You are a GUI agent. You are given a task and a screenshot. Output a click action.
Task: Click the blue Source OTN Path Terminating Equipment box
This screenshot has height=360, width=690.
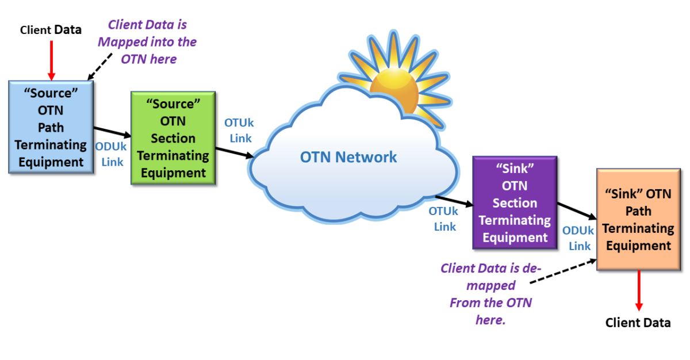point(51,127)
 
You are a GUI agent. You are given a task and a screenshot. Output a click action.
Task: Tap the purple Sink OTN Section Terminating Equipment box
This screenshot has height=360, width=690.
point(514,202)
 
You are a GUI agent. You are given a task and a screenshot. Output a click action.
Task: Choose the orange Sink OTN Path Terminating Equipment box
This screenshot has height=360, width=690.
point(638,220)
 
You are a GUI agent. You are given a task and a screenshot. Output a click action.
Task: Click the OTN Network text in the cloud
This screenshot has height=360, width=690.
point(348,156)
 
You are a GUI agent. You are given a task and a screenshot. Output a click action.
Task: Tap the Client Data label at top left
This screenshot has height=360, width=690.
point(51,29)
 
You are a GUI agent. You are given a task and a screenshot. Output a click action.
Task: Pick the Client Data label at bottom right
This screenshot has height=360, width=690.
point(638,323)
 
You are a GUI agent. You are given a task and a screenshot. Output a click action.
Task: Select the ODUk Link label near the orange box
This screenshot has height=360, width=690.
point(578,238)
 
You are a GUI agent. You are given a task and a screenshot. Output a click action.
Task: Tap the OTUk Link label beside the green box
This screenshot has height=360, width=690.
point(239,131)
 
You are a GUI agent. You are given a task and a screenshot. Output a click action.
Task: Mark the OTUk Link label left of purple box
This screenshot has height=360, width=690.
point(444,219)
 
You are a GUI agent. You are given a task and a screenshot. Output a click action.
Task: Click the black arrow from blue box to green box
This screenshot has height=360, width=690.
point(113,132)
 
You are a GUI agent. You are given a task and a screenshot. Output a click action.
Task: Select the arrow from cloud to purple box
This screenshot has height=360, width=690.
point(454,200)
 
